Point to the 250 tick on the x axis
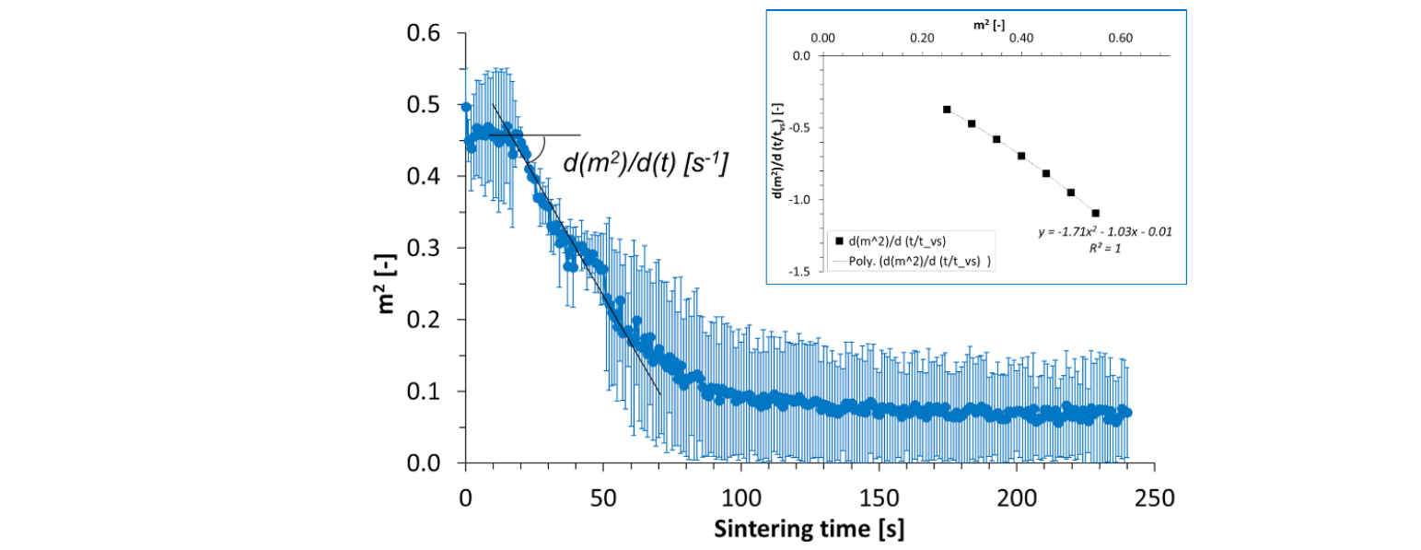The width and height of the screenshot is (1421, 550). tap(1154, 499)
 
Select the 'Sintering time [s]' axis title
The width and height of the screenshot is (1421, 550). tap(809, 531)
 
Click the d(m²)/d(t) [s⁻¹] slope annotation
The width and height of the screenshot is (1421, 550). tap(645, 164)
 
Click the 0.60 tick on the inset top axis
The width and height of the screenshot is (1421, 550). tap(1120, 40)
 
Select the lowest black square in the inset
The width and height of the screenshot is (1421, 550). tap(1095, 213)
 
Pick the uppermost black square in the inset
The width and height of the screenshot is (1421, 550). tap(947, 110)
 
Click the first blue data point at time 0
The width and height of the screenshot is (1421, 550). tap(466, 108)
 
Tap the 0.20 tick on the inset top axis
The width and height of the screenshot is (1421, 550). tap(922, 40)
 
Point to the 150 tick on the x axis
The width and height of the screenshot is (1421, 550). tap(879, 499)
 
